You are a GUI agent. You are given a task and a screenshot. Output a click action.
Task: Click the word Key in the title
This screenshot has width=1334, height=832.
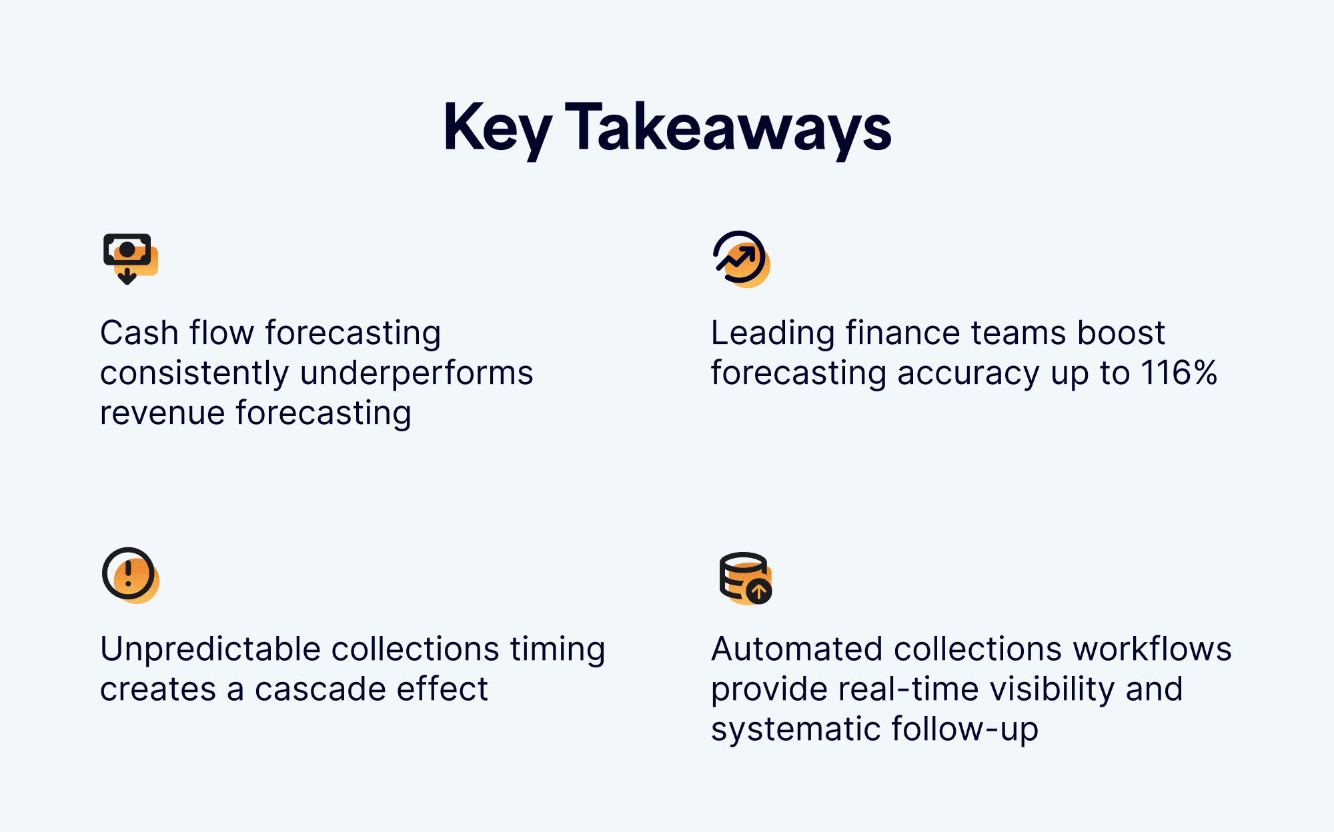[498, 129]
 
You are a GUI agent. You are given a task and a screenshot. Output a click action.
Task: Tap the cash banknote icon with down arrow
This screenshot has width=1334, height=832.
[130, 259]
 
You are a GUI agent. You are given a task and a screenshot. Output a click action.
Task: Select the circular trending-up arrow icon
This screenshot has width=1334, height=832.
[741, 259]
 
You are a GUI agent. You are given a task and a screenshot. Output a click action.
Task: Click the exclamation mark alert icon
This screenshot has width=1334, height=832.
[130, 575]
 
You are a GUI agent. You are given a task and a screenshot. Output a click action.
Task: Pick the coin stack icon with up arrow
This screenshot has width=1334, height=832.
[746, 578]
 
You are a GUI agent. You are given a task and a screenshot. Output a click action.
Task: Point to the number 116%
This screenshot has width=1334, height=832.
[1179, 372]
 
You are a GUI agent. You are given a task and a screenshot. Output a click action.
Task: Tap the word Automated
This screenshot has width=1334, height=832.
[796, 649]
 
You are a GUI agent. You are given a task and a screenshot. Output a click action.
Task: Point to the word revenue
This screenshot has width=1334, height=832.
[162, 413]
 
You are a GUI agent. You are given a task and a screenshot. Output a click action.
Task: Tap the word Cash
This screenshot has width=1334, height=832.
[139, 333]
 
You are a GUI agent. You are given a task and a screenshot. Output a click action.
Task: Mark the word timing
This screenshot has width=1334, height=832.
[558, 649]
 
